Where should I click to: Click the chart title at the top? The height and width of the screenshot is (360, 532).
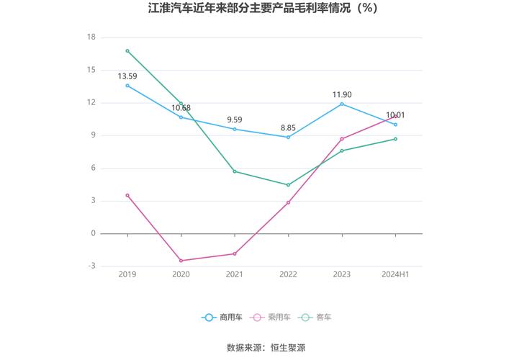[266, 9]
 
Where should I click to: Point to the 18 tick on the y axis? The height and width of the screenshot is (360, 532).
[91, 37]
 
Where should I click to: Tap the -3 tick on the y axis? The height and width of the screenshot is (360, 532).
[91, 266]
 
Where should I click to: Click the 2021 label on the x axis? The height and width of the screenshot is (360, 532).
[235, 274]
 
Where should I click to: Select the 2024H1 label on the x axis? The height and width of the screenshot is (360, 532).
[395, 274]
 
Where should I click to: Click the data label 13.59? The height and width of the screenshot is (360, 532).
[127, 76]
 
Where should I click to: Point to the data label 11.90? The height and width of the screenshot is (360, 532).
[342, 94]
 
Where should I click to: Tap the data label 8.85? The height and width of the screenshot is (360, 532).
[288, 127]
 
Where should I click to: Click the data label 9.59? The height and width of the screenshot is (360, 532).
[235, 120]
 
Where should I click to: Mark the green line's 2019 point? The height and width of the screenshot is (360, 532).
[127, 50]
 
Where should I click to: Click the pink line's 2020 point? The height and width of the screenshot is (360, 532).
[181, 261]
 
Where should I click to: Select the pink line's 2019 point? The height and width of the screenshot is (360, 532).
[127, 195]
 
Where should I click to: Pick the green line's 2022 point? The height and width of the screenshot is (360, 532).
[288, 185]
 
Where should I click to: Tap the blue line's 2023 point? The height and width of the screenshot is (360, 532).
[342, 104]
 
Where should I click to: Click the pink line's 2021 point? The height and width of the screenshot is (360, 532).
[235, 253]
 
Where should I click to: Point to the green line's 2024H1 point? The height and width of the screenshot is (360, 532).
[395, 139]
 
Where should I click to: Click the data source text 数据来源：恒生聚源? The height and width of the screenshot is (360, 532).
[266, 348]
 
